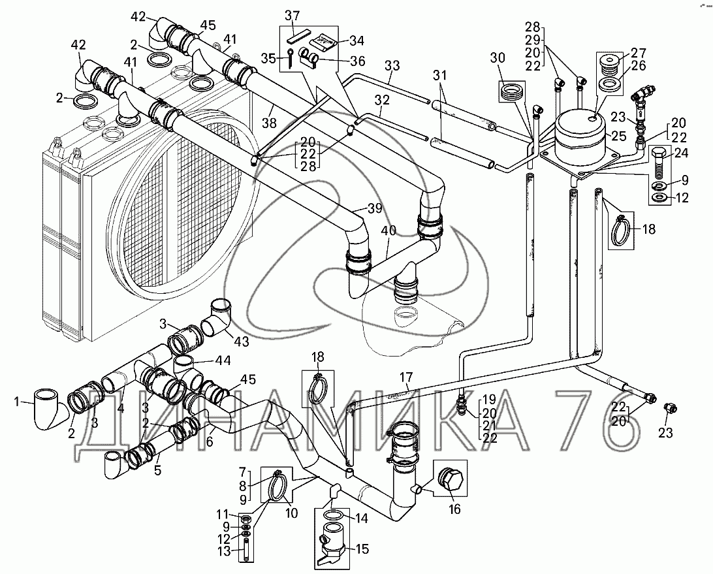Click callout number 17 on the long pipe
point(407,377)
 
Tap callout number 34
point(356,41)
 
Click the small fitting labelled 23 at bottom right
point(668,408)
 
